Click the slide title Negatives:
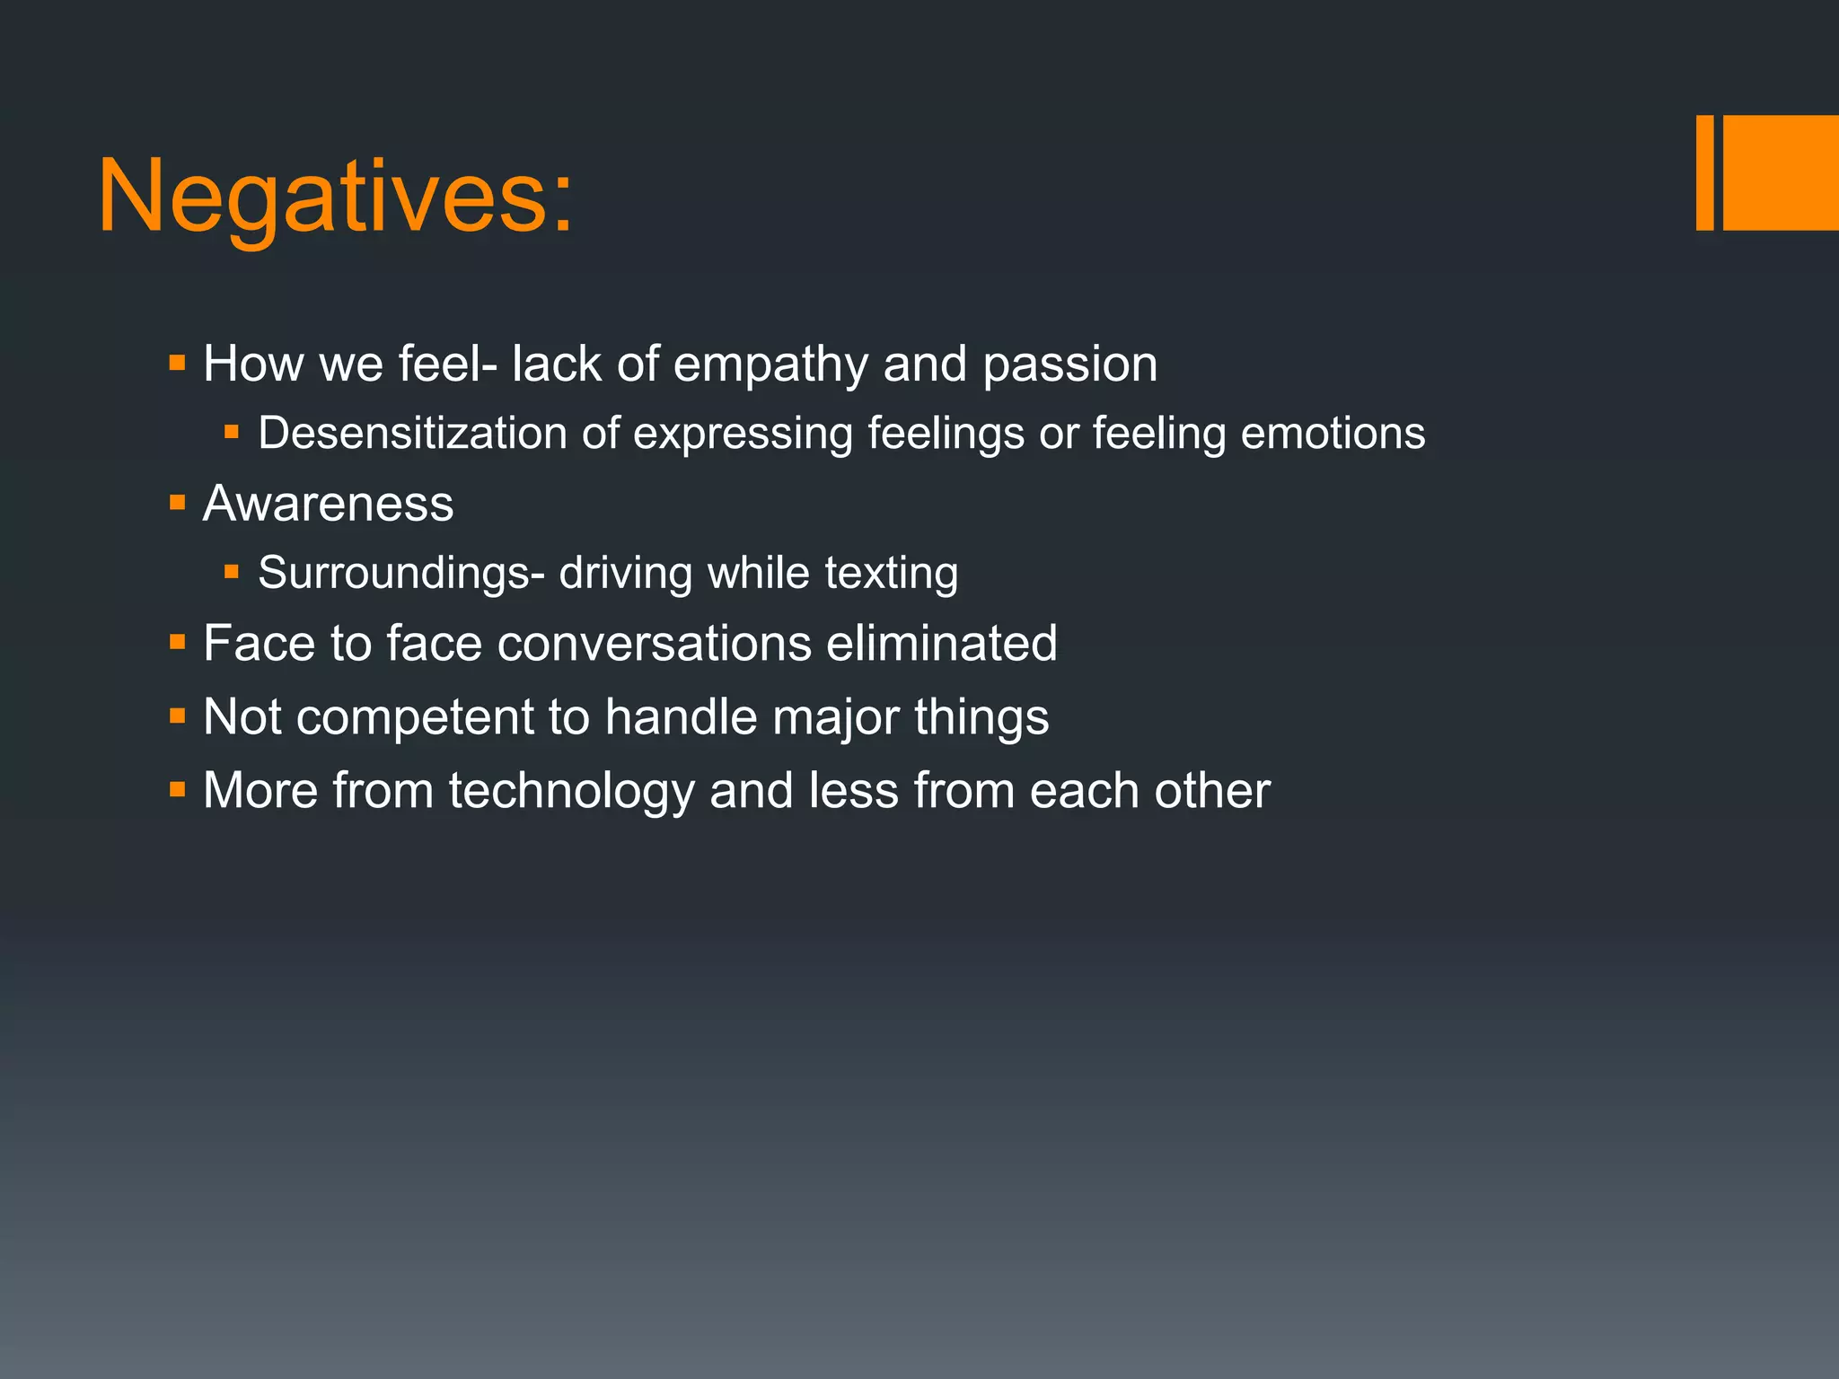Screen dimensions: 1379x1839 tap(335, 196)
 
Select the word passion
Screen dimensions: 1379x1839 tap(1069, 365)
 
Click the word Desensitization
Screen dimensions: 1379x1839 tap(412, 433)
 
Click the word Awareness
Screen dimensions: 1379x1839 tap(328, 503)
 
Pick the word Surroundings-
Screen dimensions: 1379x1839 tap(400, 573)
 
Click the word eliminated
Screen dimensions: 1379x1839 tap(941, 643)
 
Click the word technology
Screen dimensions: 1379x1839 tap(571, 790)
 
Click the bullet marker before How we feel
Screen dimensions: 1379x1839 tap(177, 364)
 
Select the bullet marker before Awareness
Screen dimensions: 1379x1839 tap(177, 503)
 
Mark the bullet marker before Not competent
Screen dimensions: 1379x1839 tap(177, 716)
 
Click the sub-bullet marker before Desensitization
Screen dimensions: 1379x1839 tap(232, 433)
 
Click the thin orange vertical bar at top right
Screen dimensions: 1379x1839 tap(1704, 172)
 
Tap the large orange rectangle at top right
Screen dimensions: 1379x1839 tap(1781, 172)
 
